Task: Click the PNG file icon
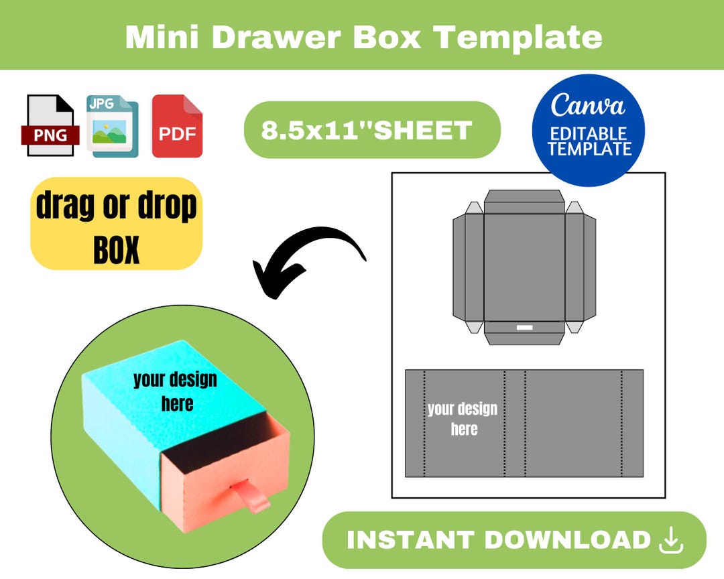point(50,126)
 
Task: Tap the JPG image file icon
point(112,126)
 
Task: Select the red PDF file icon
point(177,126)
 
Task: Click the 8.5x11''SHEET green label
point(371,130)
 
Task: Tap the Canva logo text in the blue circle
point(588,106)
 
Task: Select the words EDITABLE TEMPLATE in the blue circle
point(589,141)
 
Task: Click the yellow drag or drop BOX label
point(116,224)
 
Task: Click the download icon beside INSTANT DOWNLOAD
point(671,540)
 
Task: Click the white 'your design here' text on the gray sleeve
point(463,419)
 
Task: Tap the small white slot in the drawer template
point(524,328)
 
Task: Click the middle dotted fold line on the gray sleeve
point(525,424)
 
